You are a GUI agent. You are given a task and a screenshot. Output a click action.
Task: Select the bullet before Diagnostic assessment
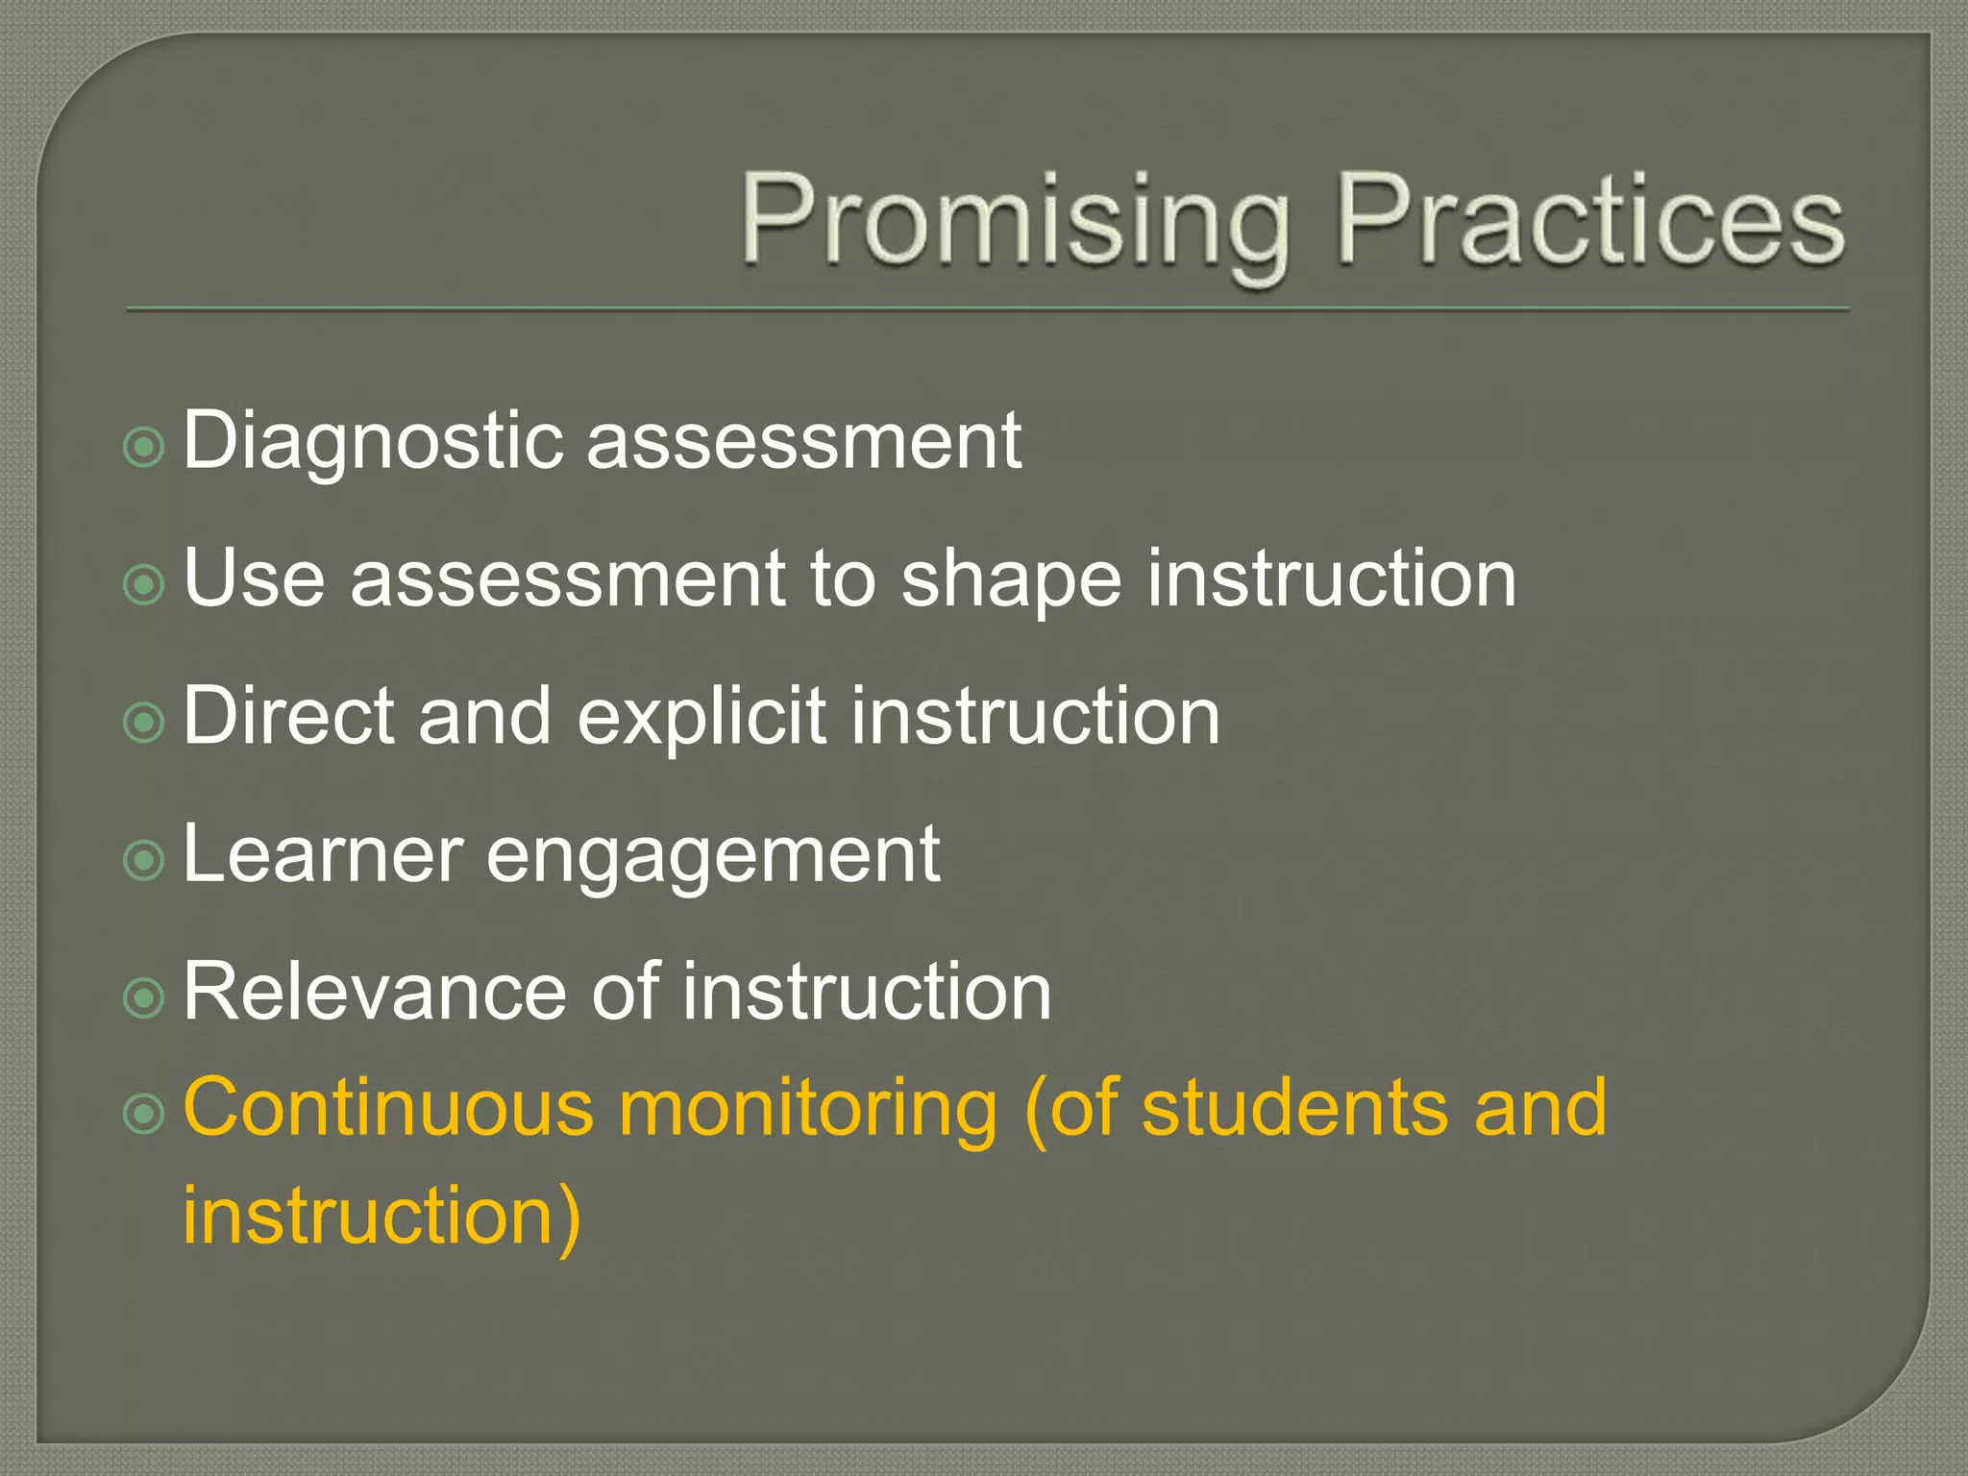tap(145, 447)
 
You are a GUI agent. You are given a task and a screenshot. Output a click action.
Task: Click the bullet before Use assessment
tap(145, 584)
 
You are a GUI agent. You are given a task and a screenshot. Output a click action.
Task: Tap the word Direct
tap(288, 716)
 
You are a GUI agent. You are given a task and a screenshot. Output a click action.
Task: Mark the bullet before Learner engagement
tap(145, 860)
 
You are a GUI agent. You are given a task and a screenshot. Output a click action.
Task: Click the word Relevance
tap(376, 992)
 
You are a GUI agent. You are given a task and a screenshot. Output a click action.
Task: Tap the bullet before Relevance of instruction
tap(145, 998)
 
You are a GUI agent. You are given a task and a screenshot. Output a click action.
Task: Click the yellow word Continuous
tap(388, 1107)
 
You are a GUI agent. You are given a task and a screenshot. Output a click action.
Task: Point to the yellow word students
tap(1293, 1107)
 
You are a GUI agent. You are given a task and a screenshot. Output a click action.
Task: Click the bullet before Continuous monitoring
tap(145, 1114)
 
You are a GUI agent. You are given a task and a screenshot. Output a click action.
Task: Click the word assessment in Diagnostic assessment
tap(803, 442)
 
